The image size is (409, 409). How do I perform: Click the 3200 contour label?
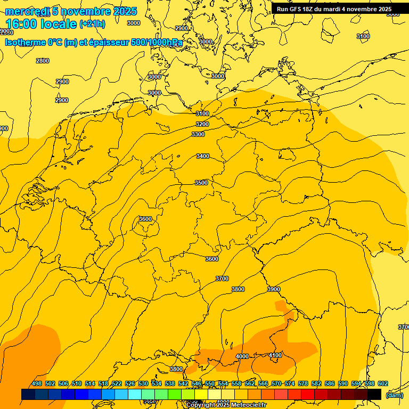click(x=202, y=124)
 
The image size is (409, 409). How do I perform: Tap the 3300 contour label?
click(x=198, y=135)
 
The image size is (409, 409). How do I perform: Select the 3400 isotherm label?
click(x=202, y=156)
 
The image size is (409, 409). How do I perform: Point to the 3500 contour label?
click(x=201, y=183)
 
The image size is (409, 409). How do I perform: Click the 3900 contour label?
click(x=274, y=289)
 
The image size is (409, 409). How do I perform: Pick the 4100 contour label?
click(x=275, y=355)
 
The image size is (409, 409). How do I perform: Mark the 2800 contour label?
click(x=43, y=61)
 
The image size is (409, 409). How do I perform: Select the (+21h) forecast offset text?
click(x=92, y=24)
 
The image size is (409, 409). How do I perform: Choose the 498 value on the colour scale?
click(x=37, y=383)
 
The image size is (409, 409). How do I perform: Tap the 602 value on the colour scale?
click(x=383, y=383)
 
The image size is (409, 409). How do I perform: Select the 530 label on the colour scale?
click(x=143, y=383)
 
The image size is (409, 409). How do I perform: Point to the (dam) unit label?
click(x=394, y=395)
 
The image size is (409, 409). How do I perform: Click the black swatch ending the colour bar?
click(x=374, y=394)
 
